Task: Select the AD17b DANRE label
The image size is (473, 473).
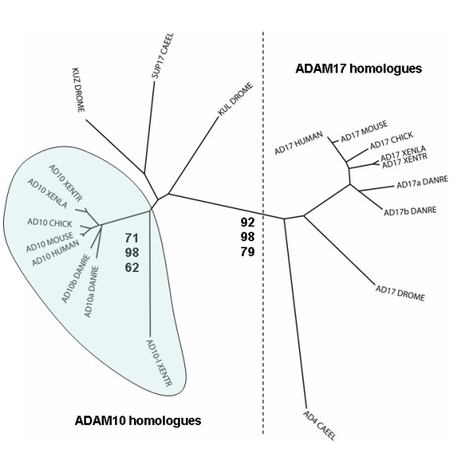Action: [x=409, y=211]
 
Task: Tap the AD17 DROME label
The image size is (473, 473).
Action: [x=400, y=292]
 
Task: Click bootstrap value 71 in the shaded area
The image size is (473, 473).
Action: [x=132, y=236]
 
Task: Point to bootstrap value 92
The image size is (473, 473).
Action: [x=248, y=223]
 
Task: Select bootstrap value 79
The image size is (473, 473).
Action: [x=248, y=251]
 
